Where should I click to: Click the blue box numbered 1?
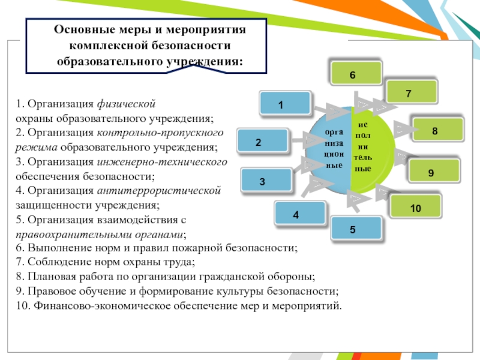[285, 103]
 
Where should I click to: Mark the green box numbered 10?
[415, 206]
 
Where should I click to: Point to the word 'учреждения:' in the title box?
[208, 62]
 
